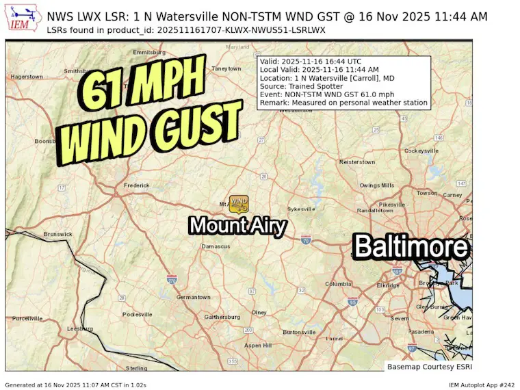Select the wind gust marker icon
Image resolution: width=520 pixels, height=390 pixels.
tap(239, 202)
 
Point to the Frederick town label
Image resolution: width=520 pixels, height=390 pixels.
tap(136, 185)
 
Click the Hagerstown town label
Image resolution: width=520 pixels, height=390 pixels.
tap(27, 77)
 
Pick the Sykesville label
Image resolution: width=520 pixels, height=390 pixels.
tap(301, 208)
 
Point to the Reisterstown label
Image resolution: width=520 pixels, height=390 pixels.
tap(357, 162)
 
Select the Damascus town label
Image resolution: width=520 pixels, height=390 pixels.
tap(216, 246)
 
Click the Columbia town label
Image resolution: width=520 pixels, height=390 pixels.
tap(338, 284)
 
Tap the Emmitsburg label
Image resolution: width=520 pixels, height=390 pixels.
tap(149, 52)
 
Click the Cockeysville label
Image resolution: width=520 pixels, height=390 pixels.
tap(421, 151)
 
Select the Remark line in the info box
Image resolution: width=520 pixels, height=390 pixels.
tap(343, 103)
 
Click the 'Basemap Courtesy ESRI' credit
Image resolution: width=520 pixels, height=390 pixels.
tap(426, 366)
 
